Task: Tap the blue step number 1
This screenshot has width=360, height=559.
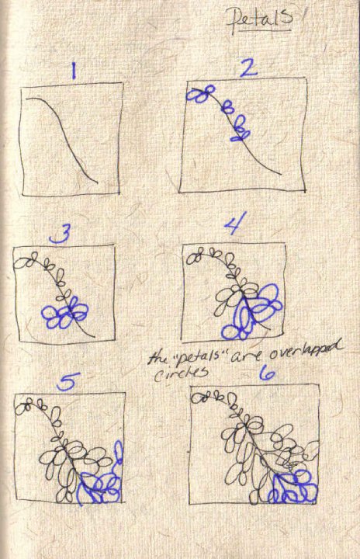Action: [74, 71]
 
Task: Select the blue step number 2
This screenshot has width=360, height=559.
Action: [248, 67]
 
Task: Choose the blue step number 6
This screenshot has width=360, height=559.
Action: [267, 373]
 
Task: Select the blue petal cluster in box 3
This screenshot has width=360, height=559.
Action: [65, 312]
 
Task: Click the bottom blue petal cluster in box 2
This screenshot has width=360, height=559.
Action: [241, 129]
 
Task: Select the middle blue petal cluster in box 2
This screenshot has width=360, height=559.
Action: [228, 106]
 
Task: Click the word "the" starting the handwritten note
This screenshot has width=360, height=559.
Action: [156, 358]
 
